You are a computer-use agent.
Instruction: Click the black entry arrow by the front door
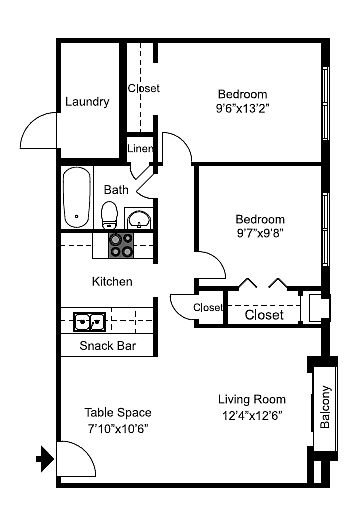click(45, 458)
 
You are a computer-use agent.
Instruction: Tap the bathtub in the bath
click(77, 198)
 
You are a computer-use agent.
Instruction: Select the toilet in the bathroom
click(109, 215)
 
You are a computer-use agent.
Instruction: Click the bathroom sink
click(139, 219)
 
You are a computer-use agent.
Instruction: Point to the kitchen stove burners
click(121, 245)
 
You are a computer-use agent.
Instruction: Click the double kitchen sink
click(89, 322)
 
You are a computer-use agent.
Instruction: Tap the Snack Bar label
click(108, 346)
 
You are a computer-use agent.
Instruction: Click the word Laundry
click(87, 102)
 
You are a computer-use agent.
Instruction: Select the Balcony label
click(325, 407)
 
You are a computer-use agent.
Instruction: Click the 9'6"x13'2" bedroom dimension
click(242, 109)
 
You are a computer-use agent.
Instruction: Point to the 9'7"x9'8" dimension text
click(260, 233)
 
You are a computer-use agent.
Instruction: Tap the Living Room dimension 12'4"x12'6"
click(252, 415)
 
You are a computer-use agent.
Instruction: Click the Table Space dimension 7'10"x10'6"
click(118, 428)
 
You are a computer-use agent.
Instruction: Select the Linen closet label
click(140, 148)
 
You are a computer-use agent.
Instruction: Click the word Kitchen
click(112, 281)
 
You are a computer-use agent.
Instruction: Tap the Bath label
click(116, 189)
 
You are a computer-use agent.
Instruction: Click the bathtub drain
click(77, 216)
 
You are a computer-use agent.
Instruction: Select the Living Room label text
click(252, 399)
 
